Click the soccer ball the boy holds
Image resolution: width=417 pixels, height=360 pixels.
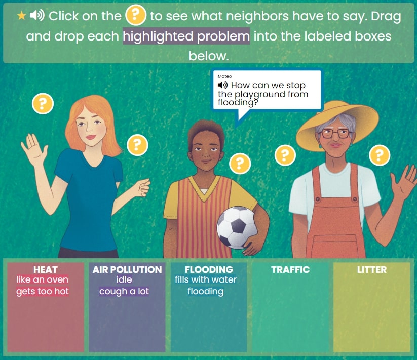coord(237,228)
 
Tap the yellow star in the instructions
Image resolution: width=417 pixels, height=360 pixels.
coord(21,16)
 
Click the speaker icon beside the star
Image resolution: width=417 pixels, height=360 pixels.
coord(37,16)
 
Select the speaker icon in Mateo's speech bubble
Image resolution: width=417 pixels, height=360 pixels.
coord(222,85)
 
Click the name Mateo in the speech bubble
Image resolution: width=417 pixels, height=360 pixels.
coord(225,76)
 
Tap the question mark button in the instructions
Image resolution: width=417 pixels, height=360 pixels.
coord(136,15)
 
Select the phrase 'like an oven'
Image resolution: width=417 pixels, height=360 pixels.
coord(42,279)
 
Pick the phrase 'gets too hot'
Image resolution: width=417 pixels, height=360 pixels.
coord(43,291)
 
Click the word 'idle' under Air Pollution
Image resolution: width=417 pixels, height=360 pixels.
coord(124,279)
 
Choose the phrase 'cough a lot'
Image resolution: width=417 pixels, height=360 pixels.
coord(124,291)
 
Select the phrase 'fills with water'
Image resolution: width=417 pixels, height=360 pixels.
coord(206,279)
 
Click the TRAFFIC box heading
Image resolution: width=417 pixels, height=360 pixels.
coord(290,270)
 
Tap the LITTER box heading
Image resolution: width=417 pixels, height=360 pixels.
coord(371,270)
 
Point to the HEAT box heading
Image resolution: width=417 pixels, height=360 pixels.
coord(46,270)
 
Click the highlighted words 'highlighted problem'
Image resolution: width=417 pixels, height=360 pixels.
coord(186,36)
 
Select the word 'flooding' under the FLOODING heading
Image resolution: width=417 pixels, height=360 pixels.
coord(206,292)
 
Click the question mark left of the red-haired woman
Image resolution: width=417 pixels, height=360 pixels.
coord(43,104)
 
